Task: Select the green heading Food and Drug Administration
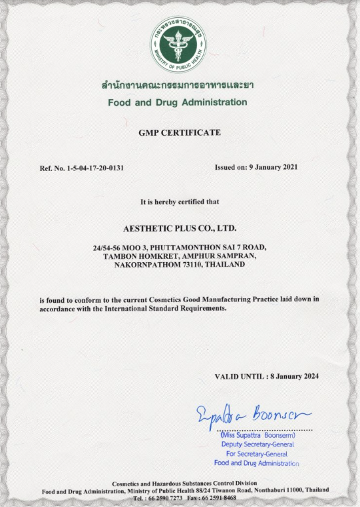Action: click(x=178, y=102)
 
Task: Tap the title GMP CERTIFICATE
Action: click(x=179, y=132)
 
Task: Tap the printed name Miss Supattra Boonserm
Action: click(x=258, y=436)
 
